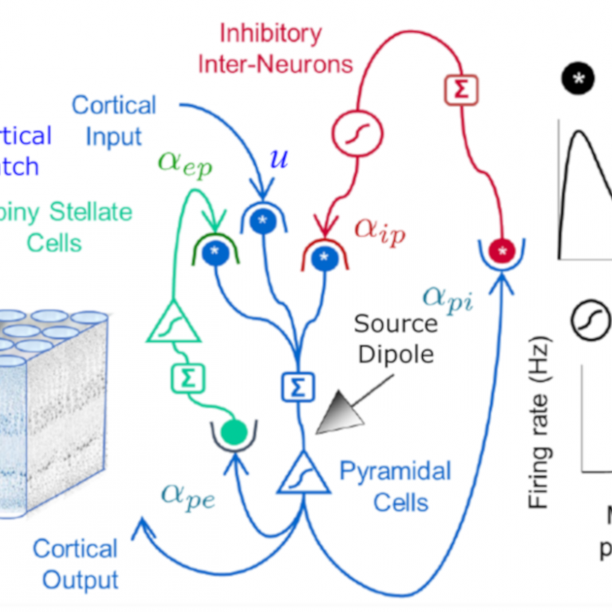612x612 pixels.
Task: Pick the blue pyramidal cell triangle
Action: point(304,473)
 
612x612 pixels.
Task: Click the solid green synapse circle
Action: point(235,431)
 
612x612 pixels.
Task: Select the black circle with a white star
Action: point(577,78)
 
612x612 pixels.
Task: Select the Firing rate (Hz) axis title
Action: point(539,424)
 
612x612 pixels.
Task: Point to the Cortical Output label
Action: point(75,563)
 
